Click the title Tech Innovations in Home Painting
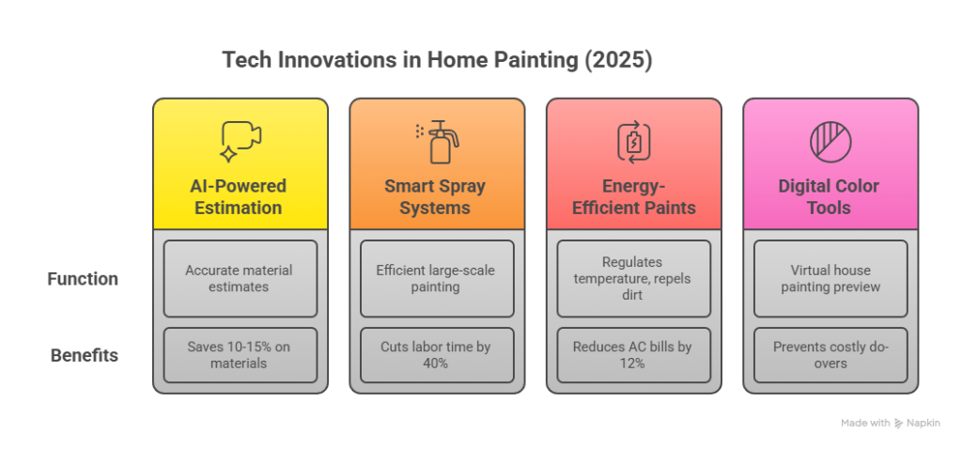pyautogui.click(x=437, y=61)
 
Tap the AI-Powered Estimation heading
pyautogui.click(x=240, y=196)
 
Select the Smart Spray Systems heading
pyautogui.click(x=437, y=196)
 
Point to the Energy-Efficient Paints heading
pyautogui.click(x=633, y=196)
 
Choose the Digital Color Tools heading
pyautogui.click(x=830, y=196)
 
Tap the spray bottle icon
pyautogui.click(x=437, y=141)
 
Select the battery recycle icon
pyautogui.click(x=633, y=141)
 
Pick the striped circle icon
pyautogui.click(x=830, y=141)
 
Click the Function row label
pyautogui.click(x=83, y=279)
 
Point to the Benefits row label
pyautogui.click(x=84, y=355)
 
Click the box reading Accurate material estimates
pyautogui.click(x=240, y=279)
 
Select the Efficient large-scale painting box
pyautogui.click(x=437, y=279)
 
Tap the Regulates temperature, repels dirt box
pyautogui.click(x=633, y=279)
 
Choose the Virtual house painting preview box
pyautogui.click(x=830, y=279)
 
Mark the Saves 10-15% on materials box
pyautogui.click(x=240, y=355)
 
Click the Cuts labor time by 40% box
pyautogui.click(x=437, y=355)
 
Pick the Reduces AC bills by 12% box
pyautogui.click(x=633, y=355)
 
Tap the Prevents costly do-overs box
pyautogui.click(x=830, y=355)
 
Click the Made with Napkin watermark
pyautogui.click(x=890, y=424)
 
